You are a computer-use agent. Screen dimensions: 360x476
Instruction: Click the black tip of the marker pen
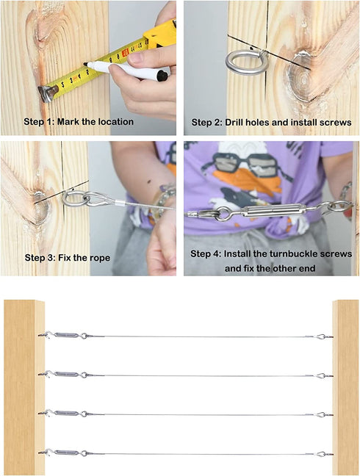click(x=86, y=64)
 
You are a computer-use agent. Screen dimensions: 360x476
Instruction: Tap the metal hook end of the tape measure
click(x=48, y=93)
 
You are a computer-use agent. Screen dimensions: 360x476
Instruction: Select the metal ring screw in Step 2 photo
click(x=246, y=62)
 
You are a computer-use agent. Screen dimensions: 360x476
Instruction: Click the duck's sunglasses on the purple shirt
click(x=239, y=163)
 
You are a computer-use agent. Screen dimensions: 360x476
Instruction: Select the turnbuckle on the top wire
click(x=68, y=335)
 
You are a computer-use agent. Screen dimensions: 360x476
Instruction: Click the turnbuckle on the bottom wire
click(x=68, y=453)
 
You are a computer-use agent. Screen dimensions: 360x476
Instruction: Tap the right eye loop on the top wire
click(x=321, y=336)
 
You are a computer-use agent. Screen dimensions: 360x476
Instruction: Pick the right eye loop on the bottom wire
click(x=321, y=454)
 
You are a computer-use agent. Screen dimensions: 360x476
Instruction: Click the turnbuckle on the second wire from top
click(x=68, y=375)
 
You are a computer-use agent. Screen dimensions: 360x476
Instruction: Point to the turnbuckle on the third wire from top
click(x=68, y=413)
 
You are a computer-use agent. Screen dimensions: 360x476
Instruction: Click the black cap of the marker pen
click(x=162, y=76)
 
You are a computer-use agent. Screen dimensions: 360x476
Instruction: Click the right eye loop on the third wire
click(x=321, y=415)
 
